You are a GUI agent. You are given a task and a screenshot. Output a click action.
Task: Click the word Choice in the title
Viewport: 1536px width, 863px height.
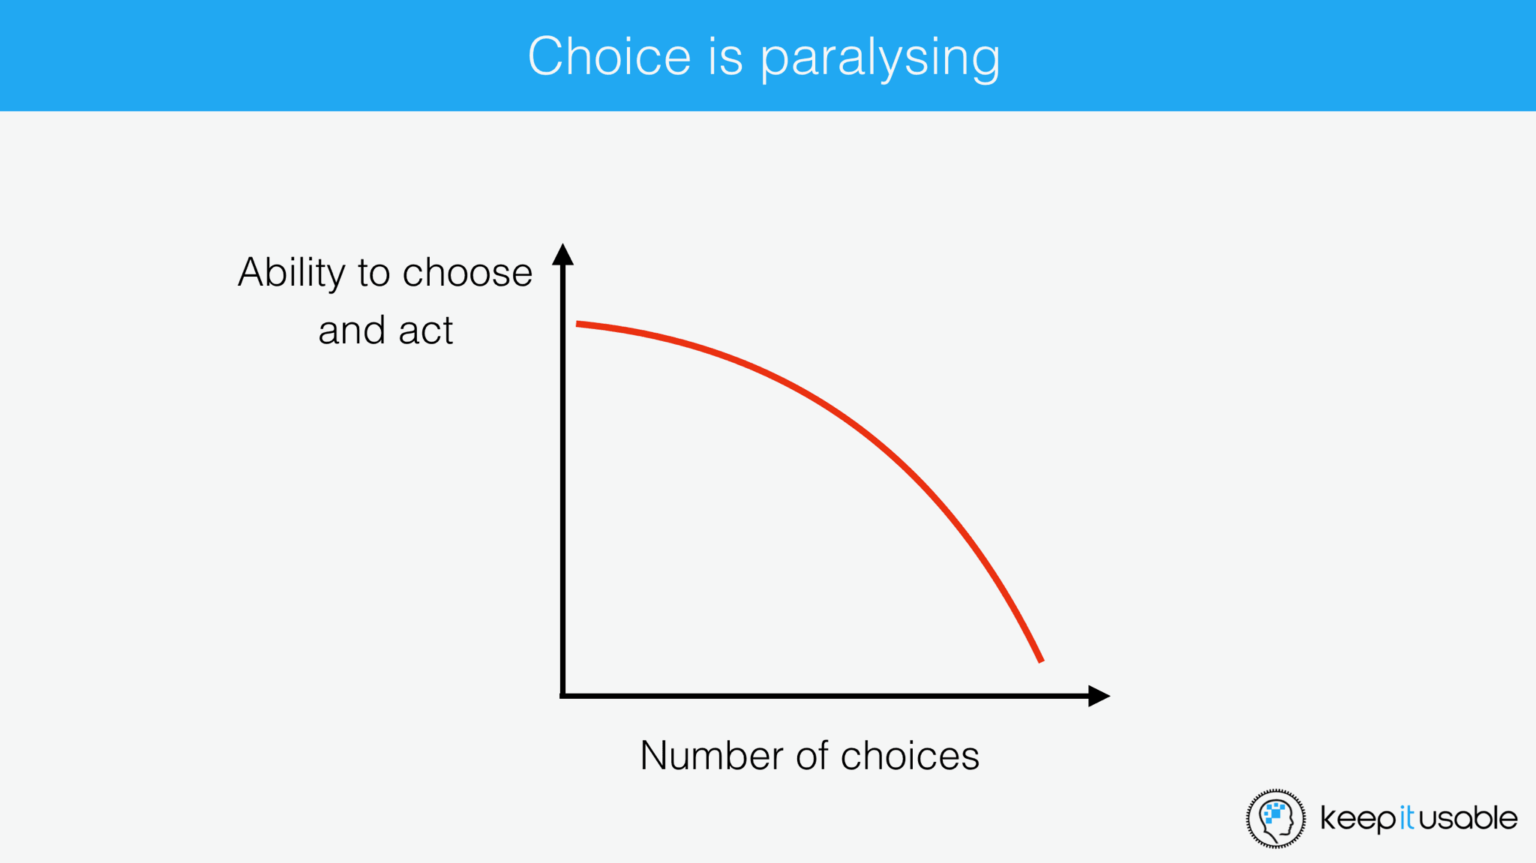pyautogui.click(x=609, y=56)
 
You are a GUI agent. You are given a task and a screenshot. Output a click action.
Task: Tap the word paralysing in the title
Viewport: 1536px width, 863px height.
pyautogui.click(x=880, y=58)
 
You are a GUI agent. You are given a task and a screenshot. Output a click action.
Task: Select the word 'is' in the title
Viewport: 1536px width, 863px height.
pyautogui.click(x=725, y=56)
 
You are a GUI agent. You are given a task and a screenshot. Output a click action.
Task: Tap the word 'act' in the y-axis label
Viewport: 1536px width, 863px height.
pyautogui.click(x=426, y=331)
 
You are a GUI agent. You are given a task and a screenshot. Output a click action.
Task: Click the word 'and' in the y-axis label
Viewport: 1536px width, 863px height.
pyautogui.click(x=352, y=331)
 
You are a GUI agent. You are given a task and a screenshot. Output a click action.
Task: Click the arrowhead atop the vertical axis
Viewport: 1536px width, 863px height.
pyautogui.click(x=562, y=255)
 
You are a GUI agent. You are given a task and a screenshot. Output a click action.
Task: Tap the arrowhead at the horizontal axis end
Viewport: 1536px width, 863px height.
pyautogui.click(x=1098, y=696)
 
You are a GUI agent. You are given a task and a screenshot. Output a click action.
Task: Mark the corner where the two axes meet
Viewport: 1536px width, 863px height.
pyautogui.click(x=562, y=696)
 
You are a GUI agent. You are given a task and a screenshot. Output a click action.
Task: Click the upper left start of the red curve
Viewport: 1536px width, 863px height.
pyautogui.click(x=578, y=324)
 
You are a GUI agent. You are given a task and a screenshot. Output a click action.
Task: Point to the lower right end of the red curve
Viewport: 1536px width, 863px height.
pyautogui.click(x=1040, y=660)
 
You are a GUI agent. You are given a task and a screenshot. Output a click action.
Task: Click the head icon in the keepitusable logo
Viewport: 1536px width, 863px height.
pyautogui.click(x=1275, y=818)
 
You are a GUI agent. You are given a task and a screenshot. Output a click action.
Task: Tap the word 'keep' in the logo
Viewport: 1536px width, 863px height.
pyautogui.click(x=1358, y=819)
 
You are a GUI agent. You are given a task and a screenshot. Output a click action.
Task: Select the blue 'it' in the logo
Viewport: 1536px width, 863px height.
pyautogui.click(x=1407, y=817)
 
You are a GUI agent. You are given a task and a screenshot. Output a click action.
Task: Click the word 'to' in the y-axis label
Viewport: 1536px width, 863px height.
pyautogui.click(x=373, y=273)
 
